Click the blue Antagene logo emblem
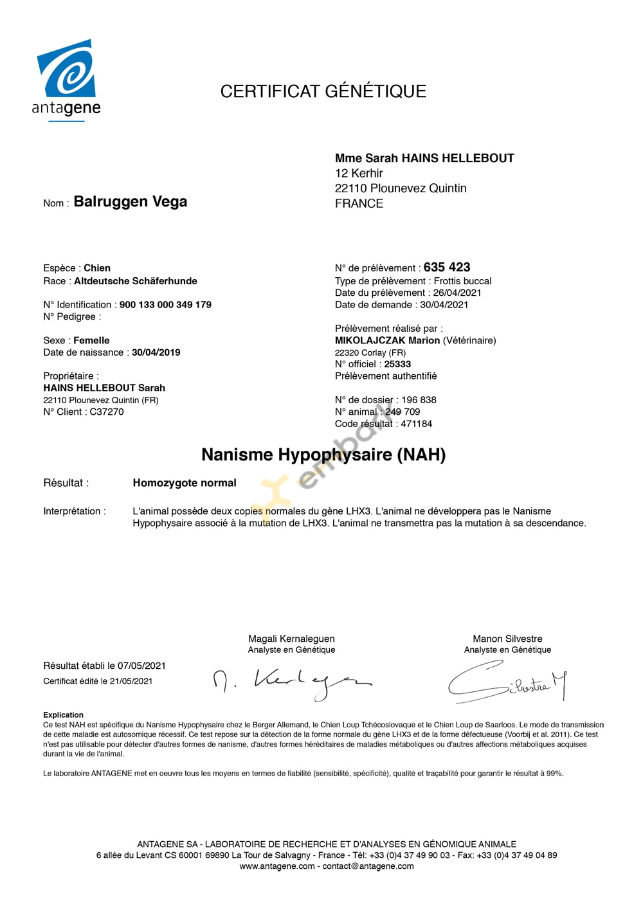click(66, 69)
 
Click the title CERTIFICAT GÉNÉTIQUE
click(323, 91)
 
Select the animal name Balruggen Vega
click(131, 202)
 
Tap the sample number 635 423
click(447, 268)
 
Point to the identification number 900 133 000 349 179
click(165, 305)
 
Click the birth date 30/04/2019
click(156, 352)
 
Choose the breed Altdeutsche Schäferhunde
click(136, 281)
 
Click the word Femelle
click(91, 341)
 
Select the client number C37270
click(107, 412)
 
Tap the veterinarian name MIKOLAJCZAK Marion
click(387, 340)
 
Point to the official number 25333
click(397, 364)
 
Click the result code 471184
click(417, 424)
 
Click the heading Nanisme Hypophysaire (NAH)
click(323, 455)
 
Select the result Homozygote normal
click(185, 483)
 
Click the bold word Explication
click(63, 715)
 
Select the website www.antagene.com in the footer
click(277, 866)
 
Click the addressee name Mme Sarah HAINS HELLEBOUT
click(424, 158)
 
